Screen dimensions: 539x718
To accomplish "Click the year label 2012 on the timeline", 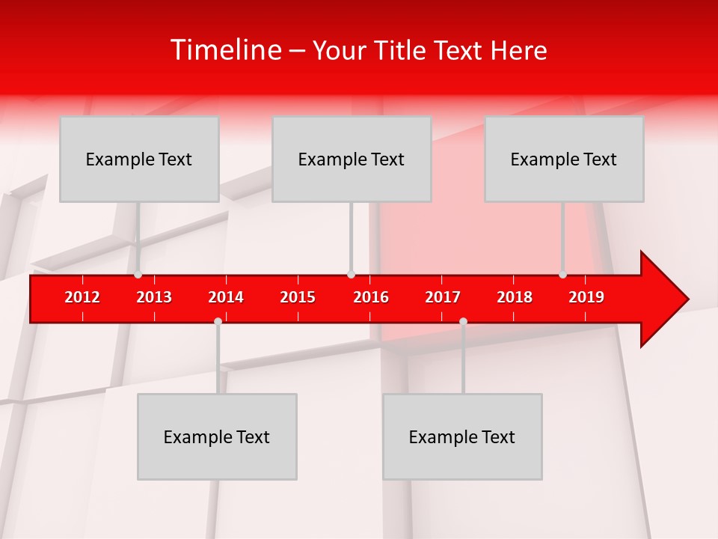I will [82, 297].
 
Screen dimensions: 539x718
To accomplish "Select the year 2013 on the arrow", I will [154, 297].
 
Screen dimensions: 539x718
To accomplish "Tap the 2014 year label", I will [226, 297].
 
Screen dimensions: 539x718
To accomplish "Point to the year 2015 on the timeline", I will [298, 297].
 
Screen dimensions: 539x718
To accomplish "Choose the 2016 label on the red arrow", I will [371, 297].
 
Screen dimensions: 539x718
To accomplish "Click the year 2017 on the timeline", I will [443, 297].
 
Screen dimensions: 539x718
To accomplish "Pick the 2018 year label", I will [515, 297].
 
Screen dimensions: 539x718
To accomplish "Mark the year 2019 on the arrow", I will [586, 297].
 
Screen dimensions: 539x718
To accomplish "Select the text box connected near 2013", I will [139, 159].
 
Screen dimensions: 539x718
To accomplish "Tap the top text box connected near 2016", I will [352, 159].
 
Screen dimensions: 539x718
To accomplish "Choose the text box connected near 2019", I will [564, 159].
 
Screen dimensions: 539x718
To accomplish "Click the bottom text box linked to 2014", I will [217, 436].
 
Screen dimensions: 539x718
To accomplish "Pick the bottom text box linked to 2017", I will [462, 436].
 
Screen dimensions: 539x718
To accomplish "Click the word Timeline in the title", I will [225, 50].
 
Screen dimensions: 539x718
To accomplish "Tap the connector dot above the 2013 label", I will [138, 275].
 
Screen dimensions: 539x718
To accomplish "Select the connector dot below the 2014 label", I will [218, 321].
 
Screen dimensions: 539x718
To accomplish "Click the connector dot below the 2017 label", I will [463, 321].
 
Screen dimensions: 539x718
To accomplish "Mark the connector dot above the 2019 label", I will [563, 275].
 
